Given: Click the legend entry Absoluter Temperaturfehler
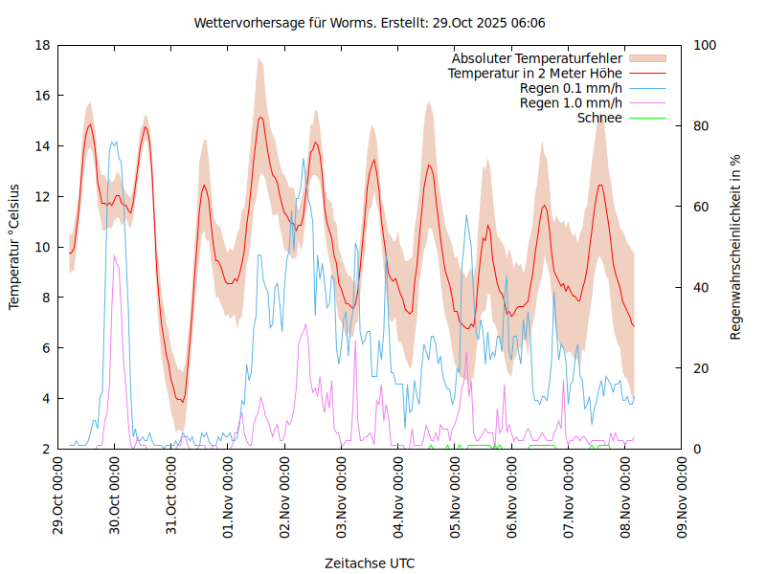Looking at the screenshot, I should point(536,59).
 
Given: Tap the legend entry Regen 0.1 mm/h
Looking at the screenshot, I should point(571,89).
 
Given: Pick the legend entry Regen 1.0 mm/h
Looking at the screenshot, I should point(571,103).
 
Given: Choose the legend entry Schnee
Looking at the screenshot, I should point(599,118).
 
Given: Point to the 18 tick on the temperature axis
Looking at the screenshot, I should point(42,45).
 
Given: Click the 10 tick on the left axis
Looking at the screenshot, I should point(42,247).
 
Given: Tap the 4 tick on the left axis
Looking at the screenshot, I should point(46,398).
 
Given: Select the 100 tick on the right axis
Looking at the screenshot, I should point(705,45).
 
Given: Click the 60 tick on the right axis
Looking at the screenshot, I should point(701,207).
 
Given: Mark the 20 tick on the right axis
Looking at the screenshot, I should point(701,368).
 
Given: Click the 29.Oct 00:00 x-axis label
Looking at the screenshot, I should point(58,498).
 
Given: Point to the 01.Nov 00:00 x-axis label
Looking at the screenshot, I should point(229,498).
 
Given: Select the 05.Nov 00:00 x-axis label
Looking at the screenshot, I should point(456,498).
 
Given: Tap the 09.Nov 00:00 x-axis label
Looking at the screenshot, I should point(683,498).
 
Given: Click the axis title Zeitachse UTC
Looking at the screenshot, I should point(370,563).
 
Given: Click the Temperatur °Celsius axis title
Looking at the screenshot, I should point(14,247).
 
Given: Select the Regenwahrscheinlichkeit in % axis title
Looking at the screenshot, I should point(736,247).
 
